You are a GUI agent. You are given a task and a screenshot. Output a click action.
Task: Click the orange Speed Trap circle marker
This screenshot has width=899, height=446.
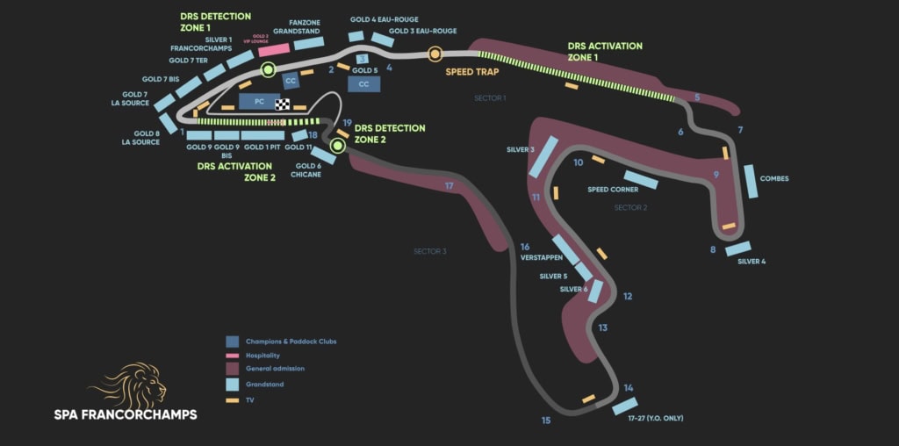pyautogui.click(x=435, y=54)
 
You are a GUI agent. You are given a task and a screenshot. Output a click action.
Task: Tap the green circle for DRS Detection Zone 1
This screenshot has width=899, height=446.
pyautogui.click(x=268, y=70)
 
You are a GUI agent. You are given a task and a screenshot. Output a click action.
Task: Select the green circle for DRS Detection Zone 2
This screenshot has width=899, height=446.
pyautogui.click(x=336, y=145)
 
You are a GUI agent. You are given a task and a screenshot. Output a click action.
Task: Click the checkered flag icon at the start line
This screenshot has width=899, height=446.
pyautogui.click(x=283, y=104)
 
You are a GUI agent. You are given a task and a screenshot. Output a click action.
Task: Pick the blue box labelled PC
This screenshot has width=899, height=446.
pyautogui.click(x=259, y=102)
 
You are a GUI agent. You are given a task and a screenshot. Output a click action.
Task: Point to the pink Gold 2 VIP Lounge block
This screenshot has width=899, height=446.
pyautogui.click(x=274, y=50)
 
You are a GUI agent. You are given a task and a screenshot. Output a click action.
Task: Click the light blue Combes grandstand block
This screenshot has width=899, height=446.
pyautogui.click(x=751, y=181)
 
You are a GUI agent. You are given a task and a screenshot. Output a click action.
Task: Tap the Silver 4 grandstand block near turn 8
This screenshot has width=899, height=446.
pyautogui.click(x=737, y=248)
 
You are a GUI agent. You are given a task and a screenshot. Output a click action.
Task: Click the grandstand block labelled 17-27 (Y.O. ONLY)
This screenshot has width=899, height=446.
pyautogui.click(x=624, y=406)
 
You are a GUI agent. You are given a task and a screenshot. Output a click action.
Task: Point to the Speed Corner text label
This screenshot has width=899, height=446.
pyautogui.click(x=613, y=190)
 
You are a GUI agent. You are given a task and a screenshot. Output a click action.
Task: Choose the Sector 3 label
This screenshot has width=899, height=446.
pyautogui.click(x=430, y=252)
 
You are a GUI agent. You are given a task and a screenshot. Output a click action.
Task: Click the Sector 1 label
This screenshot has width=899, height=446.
pyautogui.click(x=490, y=98)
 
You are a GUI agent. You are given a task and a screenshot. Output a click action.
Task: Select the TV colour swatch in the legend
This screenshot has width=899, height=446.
pyautogui.click(x=233, y=400)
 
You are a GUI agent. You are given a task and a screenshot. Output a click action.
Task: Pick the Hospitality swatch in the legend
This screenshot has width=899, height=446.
pyautogui.click(x=233, y=356)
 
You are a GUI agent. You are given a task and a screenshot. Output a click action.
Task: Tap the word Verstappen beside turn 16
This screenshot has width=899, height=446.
pyautogui.click(x=541, y=258)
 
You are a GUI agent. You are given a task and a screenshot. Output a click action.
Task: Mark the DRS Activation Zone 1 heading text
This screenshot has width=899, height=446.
pyautogui.click(x=605, y=51)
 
